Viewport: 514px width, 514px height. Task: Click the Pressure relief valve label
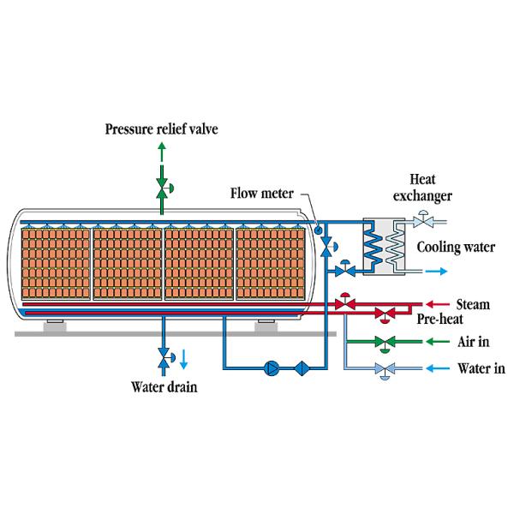pyautogui.click(x=162, y=129)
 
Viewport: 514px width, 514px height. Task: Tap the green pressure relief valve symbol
pyautogui.click(x=162, y=187)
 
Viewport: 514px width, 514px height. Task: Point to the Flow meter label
pyautogui.click(x=261, y=191)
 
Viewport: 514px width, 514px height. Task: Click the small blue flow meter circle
pyautogui.click(x=318, y=228)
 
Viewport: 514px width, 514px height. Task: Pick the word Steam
pyautogui.click(x=473, y=303)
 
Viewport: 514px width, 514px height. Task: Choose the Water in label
pyautogui.click(x=481, y=369)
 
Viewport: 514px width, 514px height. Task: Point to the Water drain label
pyautogui.click(x=164, y=386)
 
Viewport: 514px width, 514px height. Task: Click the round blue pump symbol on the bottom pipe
pyautogui.click(x=272, y=369)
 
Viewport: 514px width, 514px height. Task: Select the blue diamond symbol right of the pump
pyautogui.click(x=302, y=369)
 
